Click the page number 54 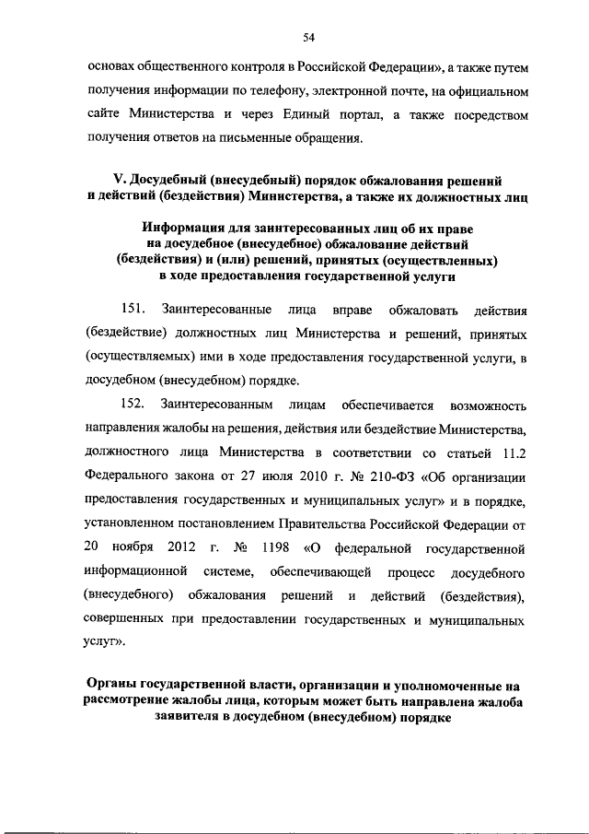tap(308, 36)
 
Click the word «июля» tap(296, 476)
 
